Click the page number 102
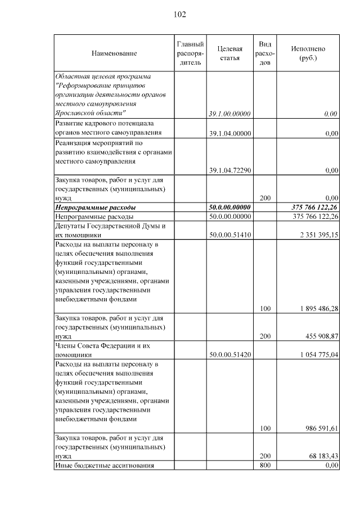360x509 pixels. tap(180, 14)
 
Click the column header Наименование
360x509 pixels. tap(114, 53)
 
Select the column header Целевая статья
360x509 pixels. tap(229, 53)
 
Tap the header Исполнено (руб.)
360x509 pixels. tap(308, 53)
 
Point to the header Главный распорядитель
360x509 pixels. tap(190, 53)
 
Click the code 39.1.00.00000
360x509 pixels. tap(229, 114)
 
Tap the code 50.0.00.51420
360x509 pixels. tap(229, 355)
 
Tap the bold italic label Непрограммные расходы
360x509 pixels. tap(95, 208)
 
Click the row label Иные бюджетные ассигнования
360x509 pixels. tap(104, 465)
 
